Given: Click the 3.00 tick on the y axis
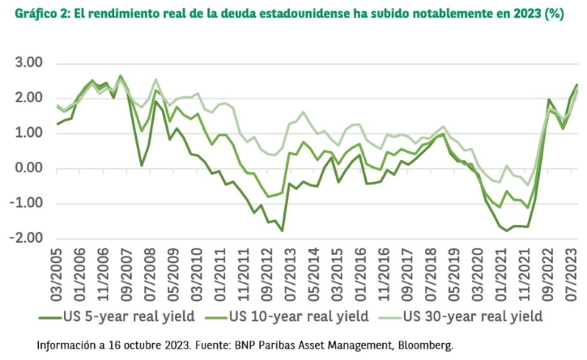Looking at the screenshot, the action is coord(28,62).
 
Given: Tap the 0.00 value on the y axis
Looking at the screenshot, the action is coord(28,168).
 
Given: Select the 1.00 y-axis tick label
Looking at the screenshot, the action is coord(28,133).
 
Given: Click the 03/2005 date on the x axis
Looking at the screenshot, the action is coord(56,274).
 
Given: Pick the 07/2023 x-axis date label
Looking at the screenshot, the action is coord(571,274).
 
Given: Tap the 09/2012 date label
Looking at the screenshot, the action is coord(267,274).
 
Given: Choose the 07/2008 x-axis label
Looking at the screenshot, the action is coord(150,274).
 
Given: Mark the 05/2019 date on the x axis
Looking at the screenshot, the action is coord(454,274).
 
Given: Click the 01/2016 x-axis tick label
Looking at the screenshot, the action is coord(360,274).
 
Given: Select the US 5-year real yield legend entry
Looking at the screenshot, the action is coord(117,316).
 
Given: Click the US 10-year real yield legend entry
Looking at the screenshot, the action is coord(287,316).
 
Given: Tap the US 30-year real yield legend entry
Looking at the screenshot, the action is coord(461,316).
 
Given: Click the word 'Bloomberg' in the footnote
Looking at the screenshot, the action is coord(425,345).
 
